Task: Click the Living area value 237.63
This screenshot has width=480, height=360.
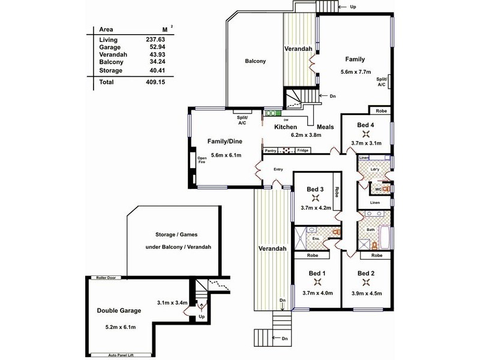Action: pos(155,40)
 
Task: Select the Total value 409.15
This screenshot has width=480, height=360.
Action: pos(155,82)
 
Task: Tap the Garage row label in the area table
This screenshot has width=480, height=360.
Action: pos(110,47)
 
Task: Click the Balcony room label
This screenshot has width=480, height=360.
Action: pos(256,61)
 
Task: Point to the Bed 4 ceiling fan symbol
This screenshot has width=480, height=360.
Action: pos(366,134)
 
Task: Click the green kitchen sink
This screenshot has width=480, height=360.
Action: pos(273,113)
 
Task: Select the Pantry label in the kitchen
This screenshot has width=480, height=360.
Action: pos(271,151)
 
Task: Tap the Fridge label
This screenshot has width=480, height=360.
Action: pos(303,151)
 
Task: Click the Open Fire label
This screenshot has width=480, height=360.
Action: pos(202,160)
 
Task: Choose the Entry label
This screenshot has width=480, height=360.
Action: pos(278,169)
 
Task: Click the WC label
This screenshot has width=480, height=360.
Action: pos(379,189)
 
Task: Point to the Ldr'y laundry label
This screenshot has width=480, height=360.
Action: pos(374,169)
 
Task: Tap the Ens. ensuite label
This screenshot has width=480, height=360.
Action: pos(316,238)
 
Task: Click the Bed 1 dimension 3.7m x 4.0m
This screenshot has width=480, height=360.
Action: pos(317,293)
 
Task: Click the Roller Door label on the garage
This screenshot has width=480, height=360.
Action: pos(106,278)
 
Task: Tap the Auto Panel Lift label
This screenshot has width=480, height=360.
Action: pos(121,355)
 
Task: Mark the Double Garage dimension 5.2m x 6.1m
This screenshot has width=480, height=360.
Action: pos(121,327)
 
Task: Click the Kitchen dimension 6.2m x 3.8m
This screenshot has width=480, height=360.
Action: pos(306,134)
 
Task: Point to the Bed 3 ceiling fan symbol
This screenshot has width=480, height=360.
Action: pos(316,198)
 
